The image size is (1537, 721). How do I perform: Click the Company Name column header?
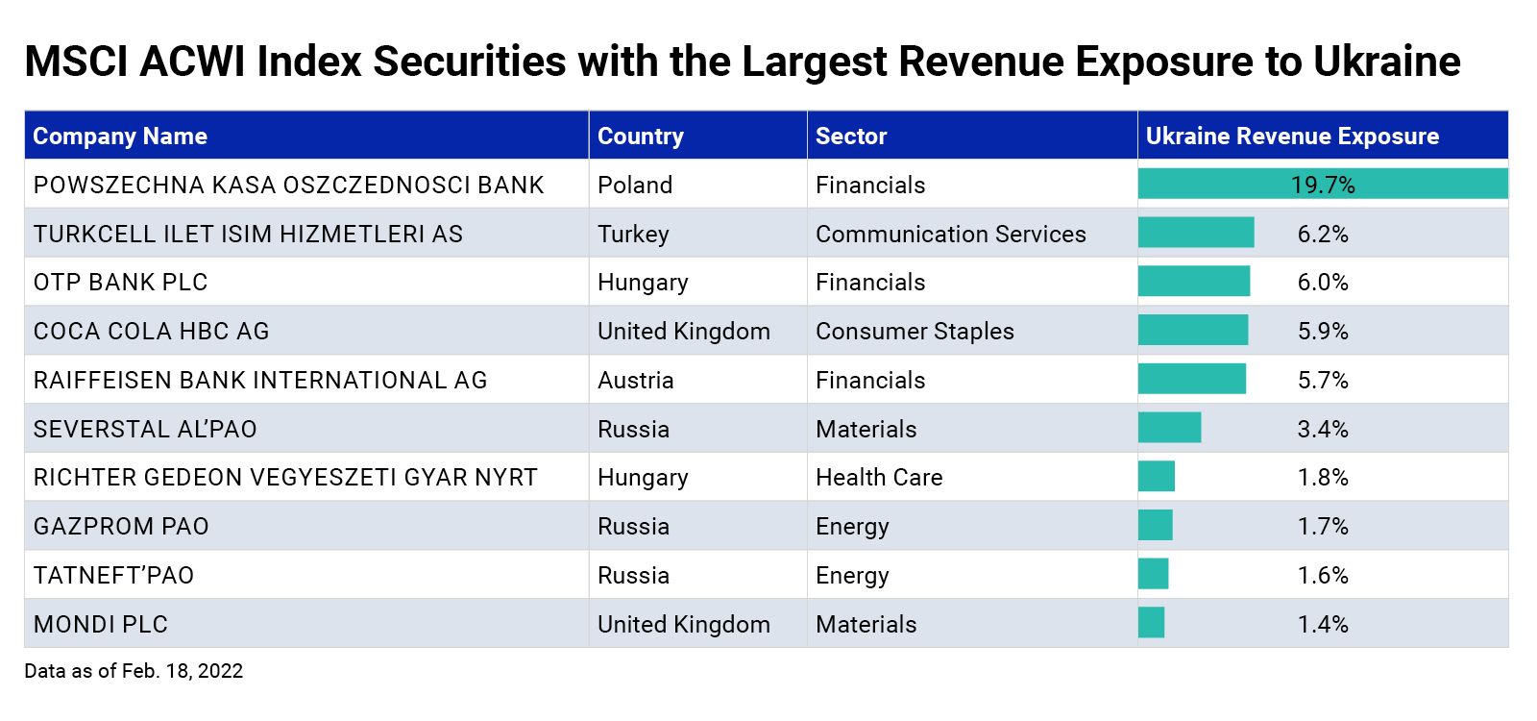(120, 137)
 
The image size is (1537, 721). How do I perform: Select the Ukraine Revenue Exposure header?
(1292, 137)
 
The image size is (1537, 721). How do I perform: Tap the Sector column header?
(851, 137)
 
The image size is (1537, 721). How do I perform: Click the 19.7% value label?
(1323, 185)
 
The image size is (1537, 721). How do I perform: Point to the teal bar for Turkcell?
(1196, 233)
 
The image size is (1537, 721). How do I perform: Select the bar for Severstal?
(1169, 428)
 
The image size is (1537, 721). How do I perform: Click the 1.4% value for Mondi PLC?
(1323, 624)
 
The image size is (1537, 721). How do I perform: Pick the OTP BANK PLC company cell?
(120, 283)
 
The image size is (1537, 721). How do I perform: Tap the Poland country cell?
(635, 185)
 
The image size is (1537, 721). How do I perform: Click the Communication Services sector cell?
(950, 234)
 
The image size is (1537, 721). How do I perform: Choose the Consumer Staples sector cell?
(915, 332)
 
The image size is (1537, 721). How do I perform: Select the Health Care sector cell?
(879, 478)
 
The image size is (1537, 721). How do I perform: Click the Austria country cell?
(635, 381)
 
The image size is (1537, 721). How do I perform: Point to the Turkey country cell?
(633, 234)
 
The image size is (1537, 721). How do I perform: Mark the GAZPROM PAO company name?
(121, 527)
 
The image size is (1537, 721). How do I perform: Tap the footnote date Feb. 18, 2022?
(183, 671)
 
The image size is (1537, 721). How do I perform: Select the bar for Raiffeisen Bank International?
(1191, 379)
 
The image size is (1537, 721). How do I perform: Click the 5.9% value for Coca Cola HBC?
(1323, 332)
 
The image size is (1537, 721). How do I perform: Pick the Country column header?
(641, 137)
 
